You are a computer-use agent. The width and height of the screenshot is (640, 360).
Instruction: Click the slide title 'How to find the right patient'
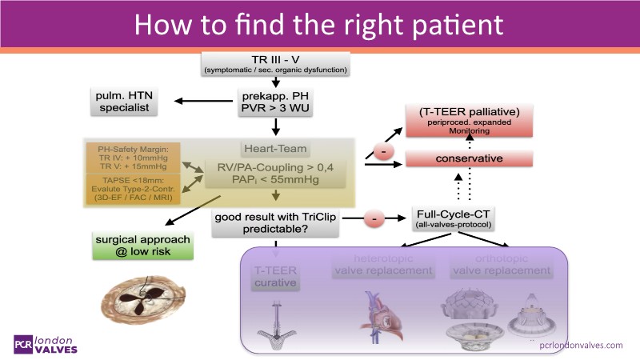point(319,24)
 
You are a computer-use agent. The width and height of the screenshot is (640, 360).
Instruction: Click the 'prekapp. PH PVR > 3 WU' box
point(275,102)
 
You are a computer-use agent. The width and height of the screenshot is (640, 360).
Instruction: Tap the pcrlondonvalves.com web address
point(581,345)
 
